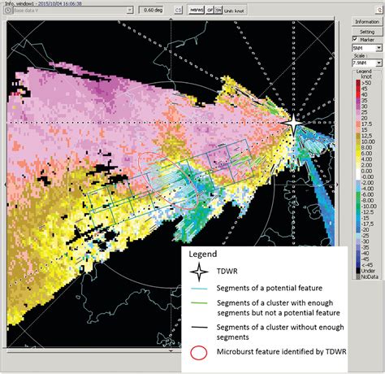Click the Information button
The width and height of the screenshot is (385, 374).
pos(365,21)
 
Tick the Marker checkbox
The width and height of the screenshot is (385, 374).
pos(355,39)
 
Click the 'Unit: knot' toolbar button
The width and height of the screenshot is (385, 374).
pos(235,11)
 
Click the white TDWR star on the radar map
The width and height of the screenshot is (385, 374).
pos(292,122)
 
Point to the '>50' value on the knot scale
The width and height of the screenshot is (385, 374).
pos(367,84)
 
